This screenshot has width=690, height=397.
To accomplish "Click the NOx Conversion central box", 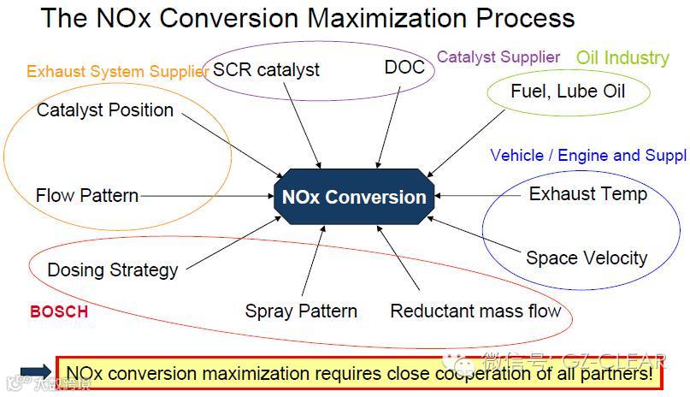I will coord(353,197).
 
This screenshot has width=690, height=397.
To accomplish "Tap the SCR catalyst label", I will coord(266,70).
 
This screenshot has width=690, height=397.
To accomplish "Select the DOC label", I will coord(404,68).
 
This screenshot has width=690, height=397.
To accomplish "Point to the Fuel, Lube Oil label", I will coord(568,91).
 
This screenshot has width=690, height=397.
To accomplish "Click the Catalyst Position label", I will coord(105,110).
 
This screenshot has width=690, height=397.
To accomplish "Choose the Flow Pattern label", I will coord(87,196).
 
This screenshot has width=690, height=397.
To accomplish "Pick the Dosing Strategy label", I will coord(113,270).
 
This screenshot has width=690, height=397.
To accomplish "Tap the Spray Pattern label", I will coord(301,311).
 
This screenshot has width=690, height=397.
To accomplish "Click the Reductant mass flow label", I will coord(475,311).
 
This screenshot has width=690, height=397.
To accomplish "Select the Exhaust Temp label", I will coord(587,193).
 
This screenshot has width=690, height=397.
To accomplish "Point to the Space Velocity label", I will coord(587,258).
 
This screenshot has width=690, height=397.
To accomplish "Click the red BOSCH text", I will coord(59,312).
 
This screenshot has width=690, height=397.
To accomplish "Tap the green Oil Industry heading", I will coord(622,58).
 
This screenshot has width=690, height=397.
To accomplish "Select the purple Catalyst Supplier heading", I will coord(498,57).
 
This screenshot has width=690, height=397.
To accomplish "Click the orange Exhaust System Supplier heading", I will coord(117,72).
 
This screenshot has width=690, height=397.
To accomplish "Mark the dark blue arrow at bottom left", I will coord(36,371).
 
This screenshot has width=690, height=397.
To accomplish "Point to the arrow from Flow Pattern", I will coord(205,196).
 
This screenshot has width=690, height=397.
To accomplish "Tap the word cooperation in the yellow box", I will coord(483,374).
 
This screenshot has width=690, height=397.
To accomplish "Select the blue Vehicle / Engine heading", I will coord(587,155).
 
